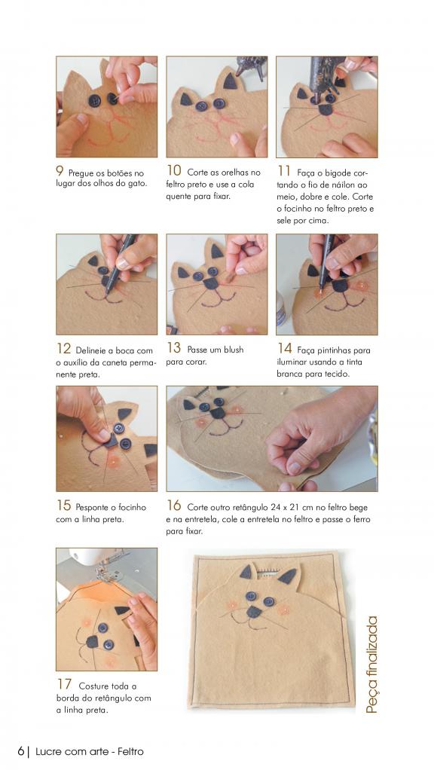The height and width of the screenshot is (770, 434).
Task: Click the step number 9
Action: (60, 171)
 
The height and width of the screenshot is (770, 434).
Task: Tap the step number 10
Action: (174, 170)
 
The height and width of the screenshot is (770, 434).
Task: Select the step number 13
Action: (174, 347)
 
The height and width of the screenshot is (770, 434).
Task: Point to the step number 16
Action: (174, 506)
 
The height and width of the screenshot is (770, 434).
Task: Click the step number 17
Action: (64, 684)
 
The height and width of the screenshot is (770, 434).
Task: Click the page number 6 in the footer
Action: (20, 751)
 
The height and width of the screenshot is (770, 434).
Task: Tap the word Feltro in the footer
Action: (130, 751)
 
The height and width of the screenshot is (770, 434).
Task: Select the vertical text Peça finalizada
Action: (371, 665)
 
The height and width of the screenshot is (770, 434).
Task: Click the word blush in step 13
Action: (234, 350)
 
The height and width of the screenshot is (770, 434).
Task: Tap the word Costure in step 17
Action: (94, 686)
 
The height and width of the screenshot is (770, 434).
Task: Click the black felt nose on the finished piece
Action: (254, 611)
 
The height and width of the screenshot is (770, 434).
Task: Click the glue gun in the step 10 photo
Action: (252, 67)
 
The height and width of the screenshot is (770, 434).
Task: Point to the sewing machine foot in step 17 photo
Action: (105, 571)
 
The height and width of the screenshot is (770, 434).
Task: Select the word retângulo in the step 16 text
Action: (249, 507)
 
